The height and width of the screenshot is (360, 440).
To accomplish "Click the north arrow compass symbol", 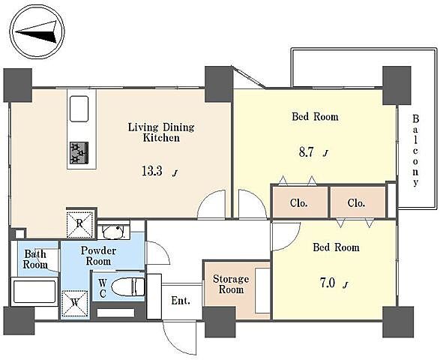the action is click(37, 31).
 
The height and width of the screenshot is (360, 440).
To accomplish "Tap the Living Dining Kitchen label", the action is click(161, 133).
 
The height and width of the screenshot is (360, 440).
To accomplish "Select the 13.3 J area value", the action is click(160, 171).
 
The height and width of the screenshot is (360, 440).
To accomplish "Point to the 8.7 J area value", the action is click(313, 152).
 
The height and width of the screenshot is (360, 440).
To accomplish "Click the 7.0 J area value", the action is click(334, 283).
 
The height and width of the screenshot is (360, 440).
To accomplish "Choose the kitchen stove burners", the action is click(79, 153).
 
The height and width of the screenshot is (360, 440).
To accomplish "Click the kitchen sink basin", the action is click(79, 109).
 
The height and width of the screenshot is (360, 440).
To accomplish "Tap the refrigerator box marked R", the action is click(79, 223).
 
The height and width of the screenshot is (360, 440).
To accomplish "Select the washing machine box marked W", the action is click(75, 304).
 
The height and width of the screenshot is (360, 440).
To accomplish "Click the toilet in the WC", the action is click(127, 286).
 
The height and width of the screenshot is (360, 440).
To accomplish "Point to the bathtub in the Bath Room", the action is click(34, 292).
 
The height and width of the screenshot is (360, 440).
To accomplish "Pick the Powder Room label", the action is click(98, 256).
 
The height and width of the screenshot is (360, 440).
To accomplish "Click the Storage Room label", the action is click(231, 284).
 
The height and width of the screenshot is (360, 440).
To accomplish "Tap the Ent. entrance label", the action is click(181, 301).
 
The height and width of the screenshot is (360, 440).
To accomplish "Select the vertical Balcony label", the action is click(416, 151).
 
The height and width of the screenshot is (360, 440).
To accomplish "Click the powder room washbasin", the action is click(113, 232).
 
